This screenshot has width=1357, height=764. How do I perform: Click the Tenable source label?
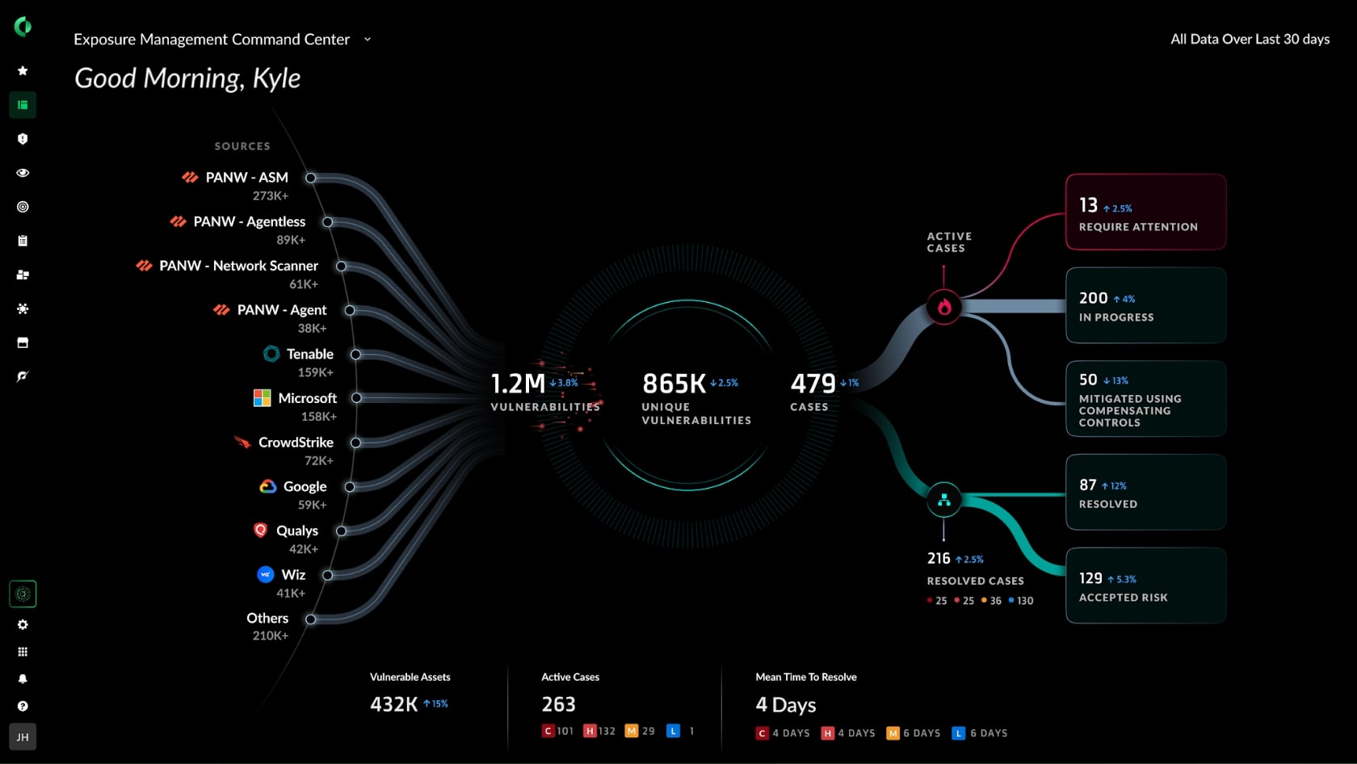(x=309, y=354)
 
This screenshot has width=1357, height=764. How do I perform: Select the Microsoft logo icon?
(x=262, y=398)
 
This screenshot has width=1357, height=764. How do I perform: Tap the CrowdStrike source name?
(x=296, y=443)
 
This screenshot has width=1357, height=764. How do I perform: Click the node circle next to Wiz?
(x=328, y=575)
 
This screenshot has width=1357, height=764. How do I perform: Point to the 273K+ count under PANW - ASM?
(x=270, y=195)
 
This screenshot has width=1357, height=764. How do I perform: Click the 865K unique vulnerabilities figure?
(x=674, y=384)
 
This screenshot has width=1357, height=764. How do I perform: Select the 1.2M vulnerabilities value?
(x=518, y=384)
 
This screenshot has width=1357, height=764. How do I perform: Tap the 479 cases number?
(x=813, y=384)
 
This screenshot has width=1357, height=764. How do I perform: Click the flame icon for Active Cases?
(x=943, y=307)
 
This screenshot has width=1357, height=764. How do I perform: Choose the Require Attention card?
(x=1145, y=212)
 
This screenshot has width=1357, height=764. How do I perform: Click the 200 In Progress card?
(x=1145, y=306)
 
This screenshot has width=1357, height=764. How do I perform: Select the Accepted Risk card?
(x=1145, y=586)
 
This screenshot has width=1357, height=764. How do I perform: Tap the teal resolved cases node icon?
(x=943, y=501)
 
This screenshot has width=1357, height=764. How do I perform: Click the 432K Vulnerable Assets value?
(x=393, y=704)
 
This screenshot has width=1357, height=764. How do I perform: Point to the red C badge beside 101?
(x=548, y=731)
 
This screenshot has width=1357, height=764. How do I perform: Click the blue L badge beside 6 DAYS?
(x=959, y=733)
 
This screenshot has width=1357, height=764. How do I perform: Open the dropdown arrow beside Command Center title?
(x=368, y=39)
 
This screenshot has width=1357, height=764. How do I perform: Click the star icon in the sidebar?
(x=23, y=71)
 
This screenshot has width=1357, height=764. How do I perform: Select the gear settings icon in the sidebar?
(x=23, y=624)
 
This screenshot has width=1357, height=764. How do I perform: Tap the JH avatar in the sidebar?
(x=23, y=737)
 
